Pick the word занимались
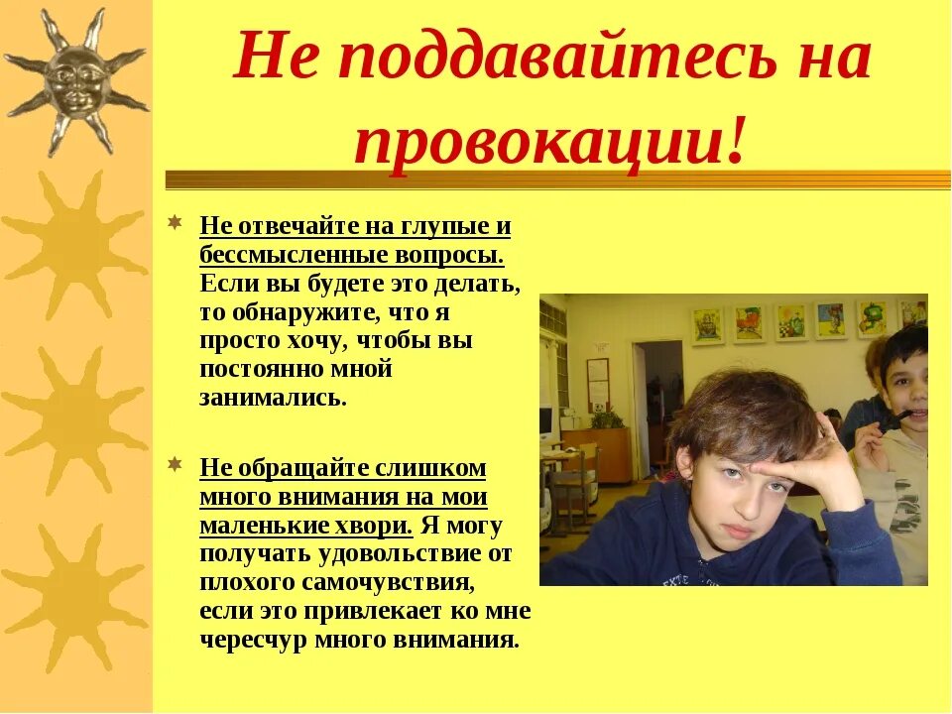(273, 398)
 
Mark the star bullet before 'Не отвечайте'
(175, 221)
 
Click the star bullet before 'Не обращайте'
(175, 463)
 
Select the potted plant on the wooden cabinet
(606, 417)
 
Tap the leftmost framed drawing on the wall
(707, 326)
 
